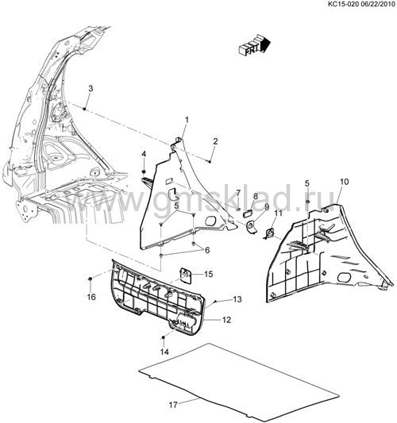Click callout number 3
pos(91,88)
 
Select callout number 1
pos(187,120)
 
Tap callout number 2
pos(215,141)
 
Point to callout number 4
pos(144,154)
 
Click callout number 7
pos(238,193)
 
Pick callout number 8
pos(256,196)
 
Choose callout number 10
pos(344,182)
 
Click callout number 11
pos(278,213)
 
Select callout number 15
pos(209,274)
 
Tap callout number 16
pos(91,297)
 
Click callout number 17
pos(173,405)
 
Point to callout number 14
pos(164,352)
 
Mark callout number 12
pos(227,320)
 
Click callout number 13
pos(237,299)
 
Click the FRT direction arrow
pos(255,45)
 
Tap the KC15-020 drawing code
pos(341,5)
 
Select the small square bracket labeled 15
pos(186,275)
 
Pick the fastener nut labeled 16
pos(91,279)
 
